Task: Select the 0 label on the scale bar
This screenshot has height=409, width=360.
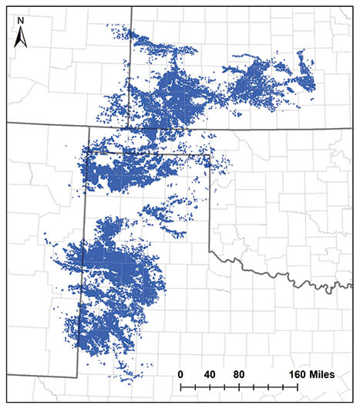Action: (x=180, y=374)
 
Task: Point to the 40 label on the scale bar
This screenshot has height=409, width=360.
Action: (x=209, y=374)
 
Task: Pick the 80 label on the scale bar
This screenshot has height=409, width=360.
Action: (x=239, y=374)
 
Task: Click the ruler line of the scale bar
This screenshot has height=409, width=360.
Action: (x=239, y=385)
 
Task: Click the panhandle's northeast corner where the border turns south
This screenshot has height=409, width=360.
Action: (x=210, y=155)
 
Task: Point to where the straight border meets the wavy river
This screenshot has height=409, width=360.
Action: (x=210, y=250)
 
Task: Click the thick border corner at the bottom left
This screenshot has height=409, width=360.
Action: (x=77, y=376)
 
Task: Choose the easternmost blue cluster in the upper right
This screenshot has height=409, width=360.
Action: (x=306, y=81)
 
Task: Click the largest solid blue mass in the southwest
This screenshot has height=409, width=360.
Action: (x=116, y=270)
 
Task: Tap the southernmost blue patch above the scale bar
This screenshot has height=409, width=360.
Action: (x=132, y=375)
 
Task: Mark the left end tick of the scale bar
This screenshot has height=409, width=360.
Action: (x=180, y=385)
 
